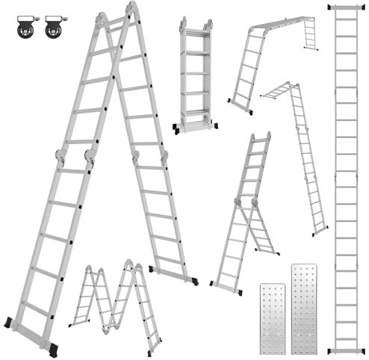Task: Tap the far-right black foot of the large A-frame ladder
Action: (x=196, y=282)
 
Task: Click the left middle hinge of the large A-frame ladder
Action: (x=61, y=159)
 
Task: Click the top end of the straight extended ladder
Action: (x=346, y=7)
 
